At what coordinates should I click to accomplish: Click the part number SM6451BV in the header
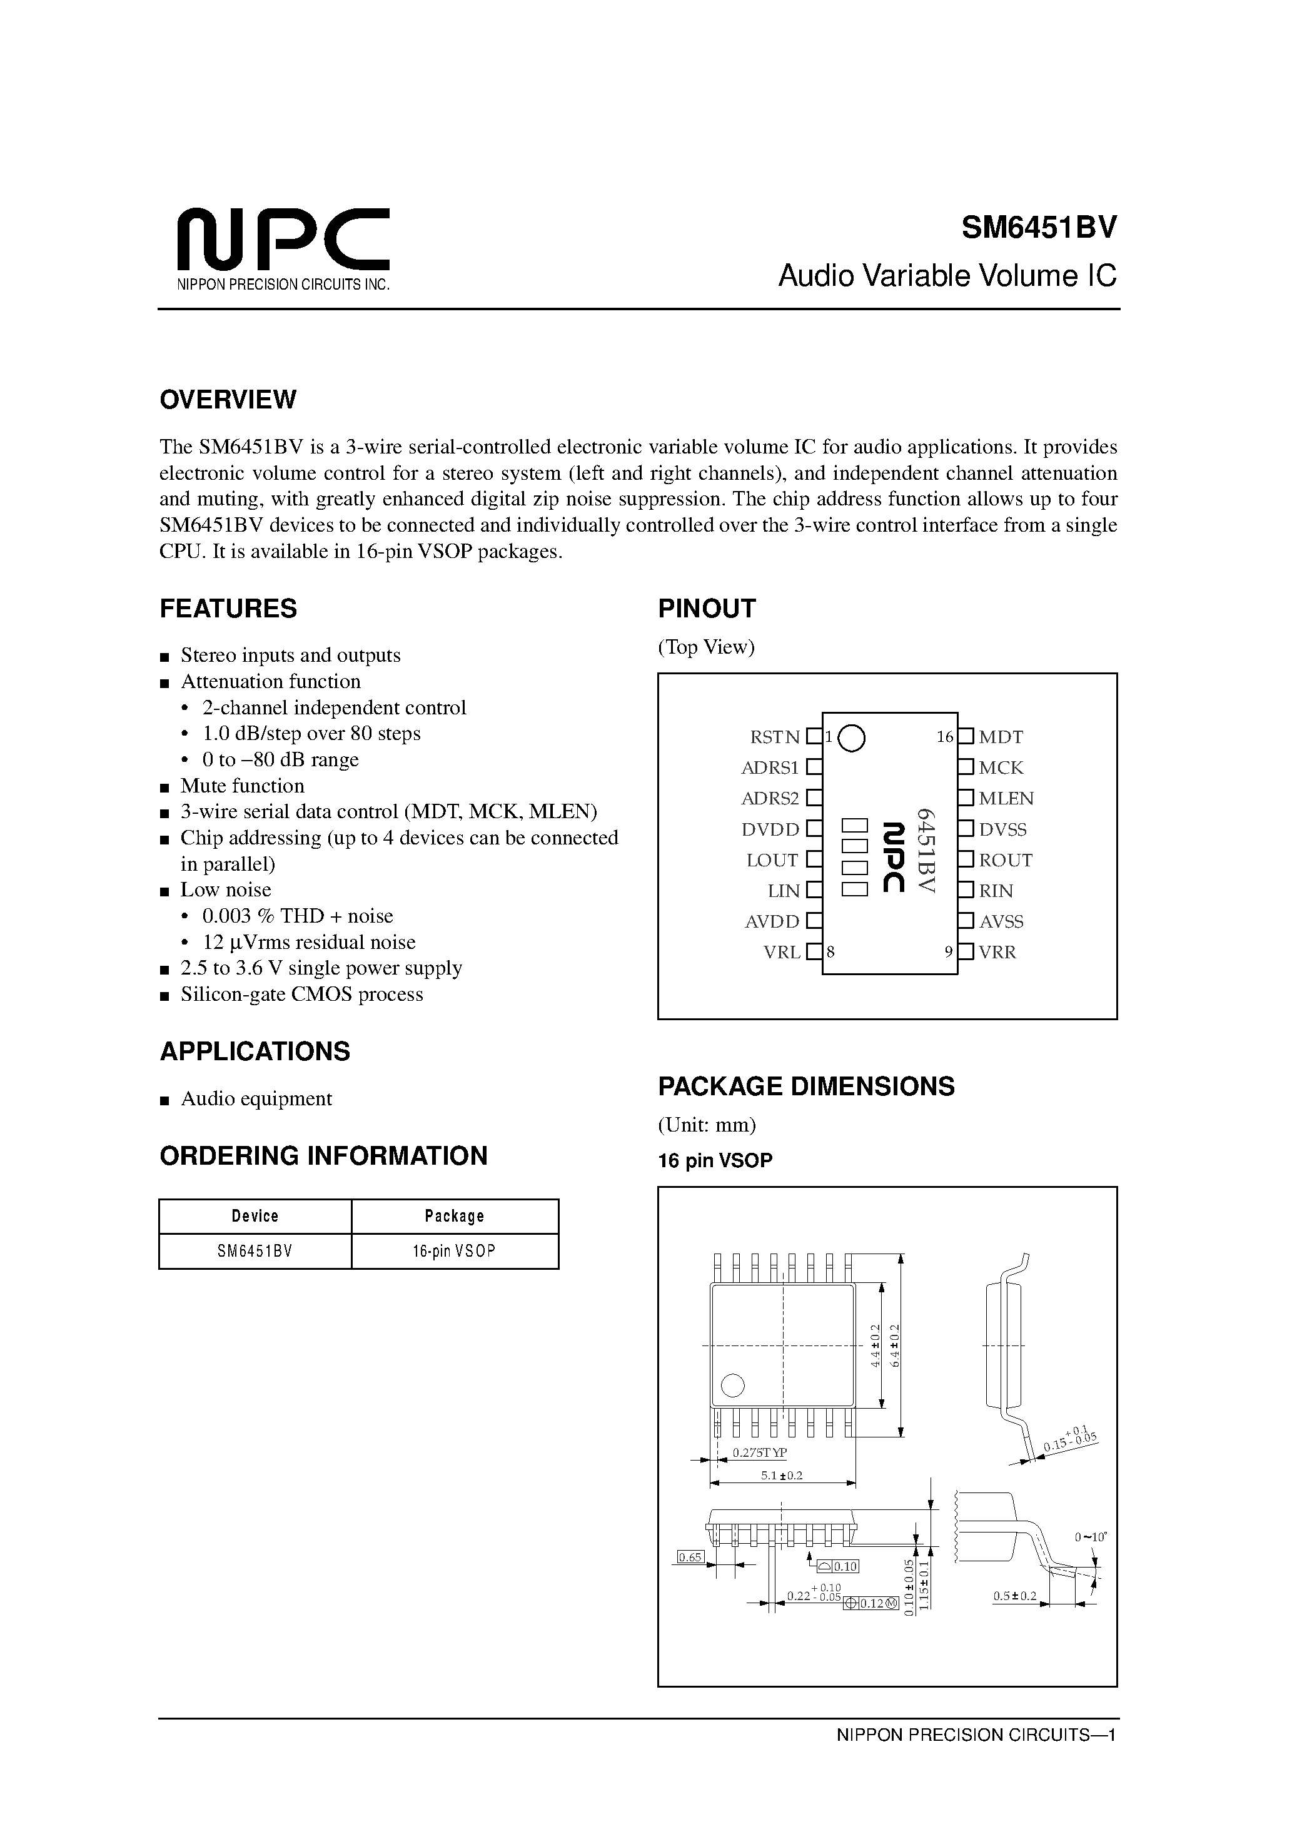[x=1039, y=228]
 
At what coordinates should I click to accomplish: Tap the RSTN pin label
[x=774, y=737]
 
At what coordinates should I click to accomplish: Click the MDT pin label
[x=1001, y=737]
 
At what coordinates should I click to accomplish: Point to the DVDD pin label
[x=770, y=829]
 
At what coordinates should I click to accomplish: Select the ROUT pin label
[x=1005, y=860]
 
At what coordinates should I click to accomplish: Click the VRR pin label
[x=997, y=952]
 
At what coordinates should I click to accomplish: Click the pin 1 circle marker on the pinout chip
[x=852, y=737]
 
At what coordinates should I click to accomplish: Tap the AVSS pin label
[x=1001, y=921]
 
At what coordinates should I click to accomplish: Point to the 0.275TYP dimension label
[x=759, y=1452]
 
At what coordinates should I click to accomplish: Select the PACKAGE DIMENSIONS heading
[x=805, y=1087]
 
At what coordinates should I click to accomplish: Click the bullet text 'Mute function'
[x=242, y=786]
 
